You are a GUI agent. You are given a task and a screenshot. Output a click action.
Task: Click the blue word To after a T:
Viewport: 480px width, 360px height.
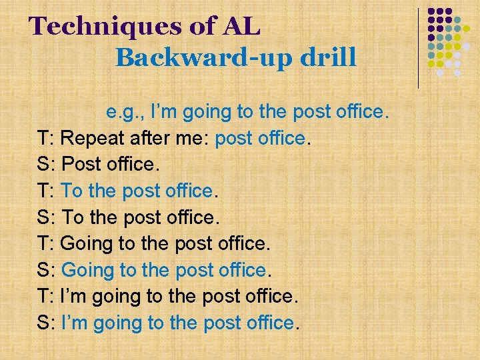[x=71, y=191]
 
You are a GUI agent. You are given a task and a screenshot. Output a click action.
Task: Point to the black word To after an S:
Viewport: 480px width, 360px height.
[x=73, y=217]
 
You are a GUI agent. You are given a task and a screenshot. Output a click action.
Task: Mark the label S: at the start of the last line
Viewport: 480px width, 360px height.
[x=46, y=323]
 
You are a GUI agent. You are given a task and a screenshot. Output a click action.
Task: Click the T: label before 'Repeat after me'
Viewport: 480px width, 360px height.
[x=46, y=139]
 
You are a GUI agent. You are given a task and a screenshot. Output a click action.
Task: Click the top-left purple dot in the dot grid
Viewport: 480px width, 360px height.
[x=431, y=12]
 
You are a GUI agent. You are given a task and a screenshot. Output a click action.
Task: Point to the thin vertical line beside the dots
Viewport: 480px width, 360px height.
[x=419, y=47]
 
